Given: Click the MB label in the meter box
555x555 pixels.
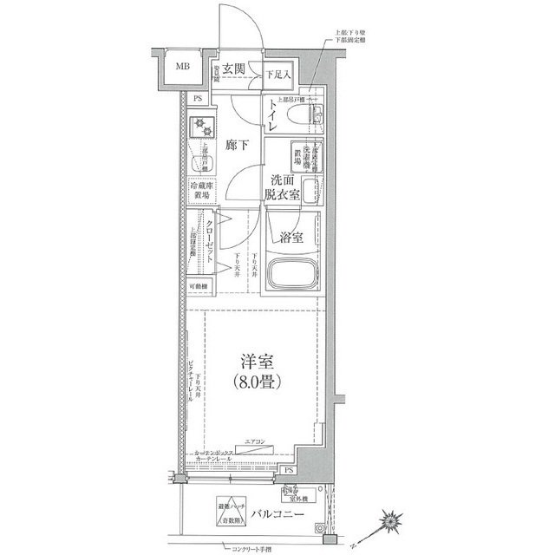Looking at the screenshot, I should [x=185, y=67].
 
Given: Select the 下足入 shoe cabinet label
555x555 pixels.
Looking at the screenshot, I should [x=278, y=75].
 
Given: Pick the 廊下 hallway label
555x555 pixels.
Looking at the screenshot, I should [x=238, y=146].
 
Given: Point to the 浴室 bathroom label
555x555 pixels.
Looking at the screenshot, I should [x=291, y=237].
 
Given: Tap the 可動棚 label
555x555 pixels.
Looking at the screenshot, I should [x=199, y=286].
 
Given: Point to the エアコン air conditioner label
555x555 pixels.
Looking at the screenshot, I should [x=257, y=442].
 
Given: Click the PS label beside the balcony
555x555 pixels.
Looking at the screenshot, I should [x=288, y=471].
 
